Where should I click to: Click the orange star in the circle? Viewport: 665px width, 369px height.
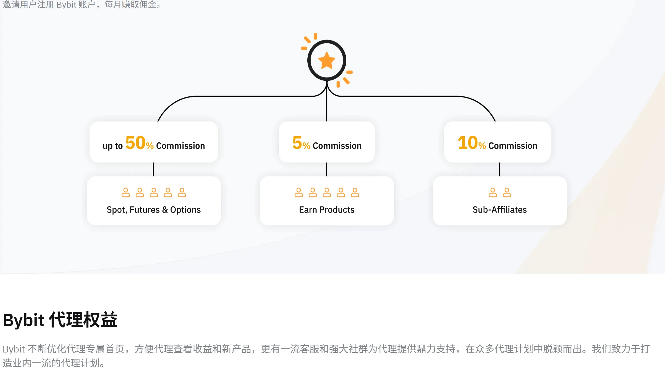point(327,60)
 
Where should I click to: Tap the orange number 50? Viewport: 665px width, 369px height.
point(135,143)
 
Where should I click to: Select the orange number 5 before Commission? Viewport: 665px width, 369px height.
point(297,143)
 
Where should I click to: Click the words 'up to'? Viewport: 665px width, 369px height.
point(112,146)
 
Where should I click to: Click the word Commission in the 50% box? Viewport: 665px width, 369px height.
point(181,146)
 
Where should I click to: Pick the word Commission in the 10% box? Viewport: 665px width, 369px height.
point(513,146)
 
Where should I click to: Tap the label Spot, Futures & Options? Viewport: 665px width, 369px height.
point(154,210)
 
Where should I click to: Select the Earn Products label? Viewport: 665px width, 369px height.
point(327,210)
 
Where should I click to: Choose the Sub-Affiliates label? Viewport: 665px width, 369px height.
point(500,210)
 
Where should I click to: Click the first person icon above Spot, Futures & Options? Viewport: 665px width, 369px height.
point(125,192)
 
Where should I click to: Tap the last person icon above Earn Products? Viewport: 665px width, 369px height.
point(355,192)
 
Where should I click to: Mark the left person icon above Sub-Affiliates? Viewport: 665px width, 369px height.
point(493,192)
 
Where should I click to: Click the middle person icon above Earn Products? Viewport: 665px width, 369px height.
point(327,192)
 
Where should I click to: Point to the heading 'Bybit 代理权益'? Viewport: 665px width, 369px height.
point(60,320)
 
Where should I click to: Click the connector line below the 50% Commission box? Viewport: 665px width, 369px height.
point(153,169)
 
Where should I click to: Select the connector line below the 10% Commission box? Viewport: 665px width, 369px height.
point(500,169)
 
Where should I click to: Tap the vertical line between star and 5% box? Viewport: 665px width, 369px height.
point(327,101)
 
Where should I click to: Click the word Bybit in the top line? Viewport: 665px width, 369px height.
point(66,5)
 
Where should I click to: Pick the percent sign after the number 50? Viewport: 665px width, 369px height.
point(150,146)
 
